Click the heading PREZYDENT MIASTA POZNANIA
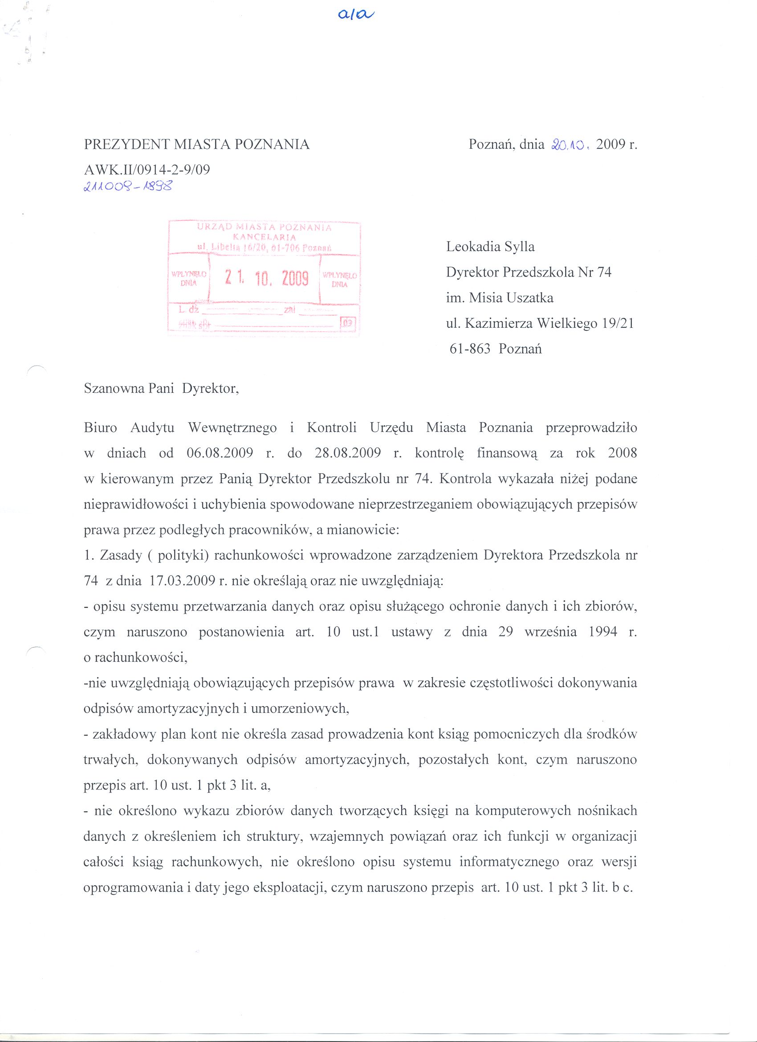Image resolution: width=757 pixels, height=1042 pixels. pos(197,145)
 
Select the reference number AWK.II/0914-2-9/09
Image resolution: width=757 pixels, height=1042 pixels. pos(147,170)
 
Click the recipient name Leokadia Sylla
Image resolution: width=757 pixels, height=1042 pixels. pos(490,247)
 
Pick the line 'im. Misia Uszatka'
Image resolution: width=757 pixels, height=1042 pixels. pos(499,298)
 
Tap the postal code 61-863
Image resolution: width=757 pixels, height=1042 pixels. pos(470,349)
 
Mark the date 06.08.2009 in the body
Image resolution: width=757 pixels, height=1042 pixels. pos(220,453)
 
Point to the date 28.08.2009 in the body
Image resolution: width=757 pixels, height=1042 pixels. pos(348,453)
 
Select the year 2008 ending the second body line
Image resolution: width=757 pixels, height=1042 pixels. pos(622,453)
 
